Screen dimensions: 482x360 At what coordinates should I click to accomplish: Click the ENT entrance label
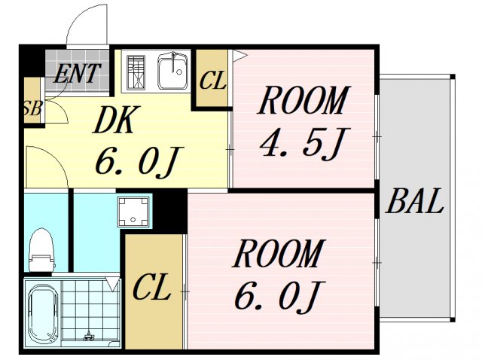point(77,74)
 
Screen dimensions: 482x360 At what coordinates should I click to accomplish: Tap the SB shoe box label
point(32,108)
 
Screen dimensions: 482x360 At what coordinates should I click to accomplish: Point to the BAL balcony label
point(415,201)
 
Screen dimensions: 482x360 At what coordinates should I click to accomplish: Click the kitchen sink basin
point(172,71)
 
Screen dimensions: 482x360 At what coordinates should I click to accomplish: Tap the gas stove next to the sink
point(136,72)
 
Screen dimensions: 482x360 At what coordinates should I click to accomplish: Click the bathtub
point(43,313)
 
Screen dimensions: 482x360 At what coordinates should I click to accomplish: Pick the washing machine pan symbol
point(133,212)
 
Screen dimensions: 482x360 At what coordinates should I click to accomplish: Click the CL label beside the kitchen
point(212,81)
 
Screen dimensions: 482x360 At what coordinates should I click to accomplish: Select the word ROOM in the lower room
point(279,253)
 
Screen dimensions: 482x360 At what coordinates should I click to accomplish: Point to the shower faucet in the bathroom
point(89,335)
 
